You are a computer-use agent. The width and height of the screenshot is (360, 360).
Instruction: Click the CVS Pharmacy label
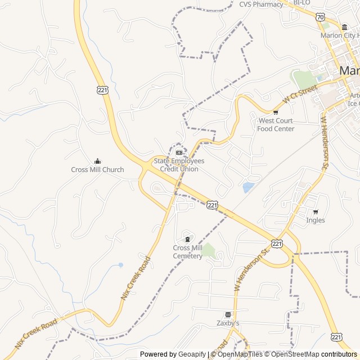(261, 4)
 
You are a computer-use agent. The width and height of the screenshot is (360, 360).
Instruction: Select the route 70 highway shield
(320, 17)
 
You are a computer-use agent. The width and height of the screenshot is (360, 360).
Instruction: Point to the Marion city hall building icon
(344, 27)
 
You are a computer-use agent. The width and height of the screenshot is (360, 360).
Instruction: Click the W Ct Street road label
(300, 93)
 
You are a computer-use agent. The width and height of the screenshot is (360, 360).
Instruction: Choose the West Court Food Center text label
(276, 125)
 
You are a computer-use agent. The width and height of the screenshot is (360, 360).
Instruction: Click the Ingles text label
(316, 220)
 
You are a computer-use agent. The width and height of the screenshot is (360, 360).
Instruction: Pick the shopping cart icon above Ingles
(316, 212)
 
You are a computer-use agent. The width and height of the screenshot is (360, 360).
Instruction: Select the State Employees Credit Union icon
(179, 152)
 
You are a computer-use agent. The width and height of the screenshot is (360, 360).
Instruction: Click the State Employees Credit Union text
(179, 165)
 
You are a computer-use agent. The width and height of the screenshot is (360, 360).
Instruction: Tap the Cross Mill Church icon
(97, 161)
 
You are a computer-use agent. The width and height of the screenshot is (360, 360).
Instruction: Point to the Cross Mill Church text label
(97, 170)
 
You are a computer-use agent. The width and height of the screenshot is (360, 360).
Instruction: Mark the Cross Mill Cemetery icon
(187, 240)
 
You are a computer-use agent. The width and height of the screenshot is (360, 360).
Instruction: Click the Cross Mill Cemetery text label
(187, 252)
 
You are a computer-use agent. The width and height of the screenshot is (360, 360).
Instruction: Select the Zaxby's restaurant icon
(228, 315)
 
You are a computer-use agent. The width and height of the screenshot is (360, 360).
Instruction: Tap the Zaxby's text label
(228, 323)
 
